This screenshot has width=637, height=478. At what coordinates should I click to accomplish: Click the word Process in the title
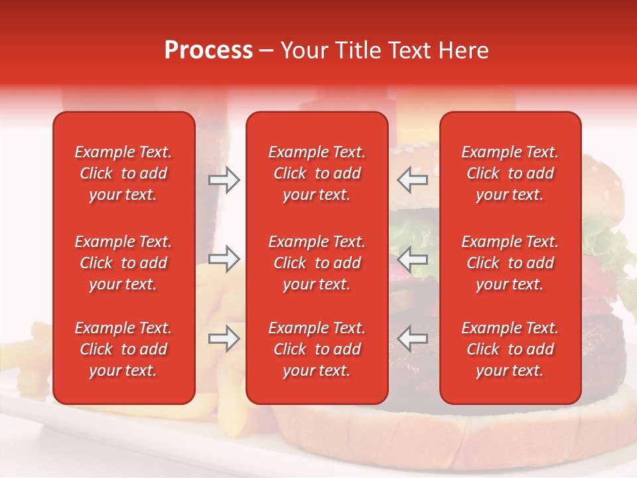[208, 50]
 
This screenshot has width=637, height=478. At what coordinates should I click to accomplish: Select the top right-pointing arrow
[224, 180]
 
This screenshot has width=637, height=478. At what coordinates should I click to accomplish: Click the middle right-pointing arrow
[224, 259]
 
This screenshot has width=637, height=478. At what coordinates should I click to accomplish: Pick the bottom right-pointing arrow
[224, 339]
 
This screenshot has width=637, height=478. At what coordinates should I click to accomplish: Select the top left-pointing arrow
[412, 180]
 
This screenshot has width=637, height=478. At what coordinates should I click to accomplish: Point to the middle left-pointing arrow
[412, 259]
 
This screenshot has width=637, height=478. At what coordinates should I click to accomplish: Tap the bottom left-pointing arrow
[412, 339]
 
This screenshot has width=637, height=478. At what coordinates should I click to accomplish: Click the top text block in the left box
[123, 173]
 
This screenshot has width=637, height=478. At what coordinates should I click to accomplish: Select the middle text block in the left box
[123, 263]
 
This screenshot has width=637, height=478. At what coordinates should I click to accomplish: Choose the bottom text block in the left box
[123, 349]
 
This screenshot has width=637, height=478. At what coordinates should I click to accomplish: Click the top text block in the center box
[317, 173]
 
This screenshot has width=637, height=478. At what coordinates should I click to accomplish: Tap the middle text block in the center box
[317, 263]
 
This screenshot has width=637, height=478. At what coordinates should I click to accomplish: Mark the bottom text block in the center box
[317, 349]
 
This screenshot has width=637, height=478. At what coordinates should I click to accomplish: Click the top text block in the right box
[510, 173]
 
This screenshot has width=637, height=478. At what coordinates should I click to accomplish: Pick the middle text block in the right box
[510, 263]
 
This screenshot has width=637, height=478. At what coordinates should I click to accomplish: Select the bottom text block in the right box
[510, 349]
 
